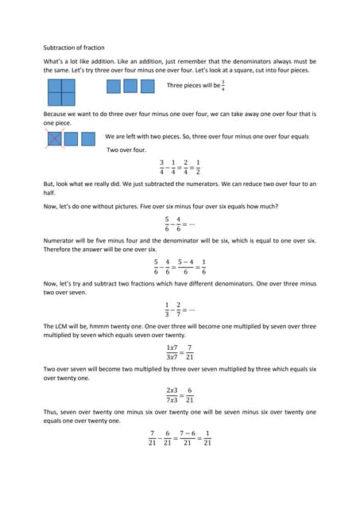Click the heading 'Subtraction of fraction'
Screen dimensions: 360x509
73,48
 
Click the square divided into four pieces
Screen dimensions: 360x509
61,92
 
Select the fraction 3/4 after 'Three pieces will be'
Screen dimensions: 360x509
223,85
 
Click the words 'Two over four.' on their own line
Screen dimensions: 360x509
130,150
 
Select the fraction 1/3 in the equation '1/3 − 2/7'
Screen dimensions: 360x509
167,310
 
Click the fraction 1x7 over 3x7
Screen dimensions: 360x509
172,352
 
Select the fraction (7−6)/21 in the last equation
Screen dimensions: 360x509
188,437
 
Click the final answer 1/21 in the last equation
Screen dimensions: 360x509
207,437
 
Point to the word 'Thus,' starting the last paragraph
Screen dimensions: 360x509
52,412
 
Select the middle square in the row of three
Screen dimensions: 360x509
130,86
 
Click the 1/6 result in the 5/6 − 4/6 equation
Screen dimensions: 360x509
203,268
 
